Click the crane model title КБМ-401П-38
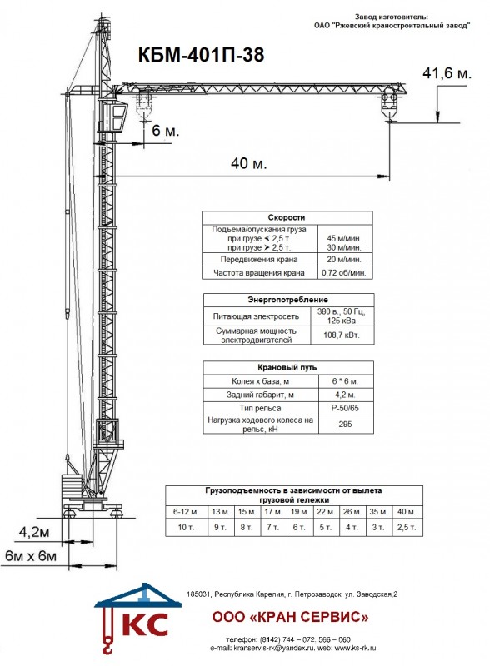coord(201,55)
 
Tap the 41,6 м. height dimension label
coord(447,73)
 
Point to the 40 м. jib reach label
coord(249,162)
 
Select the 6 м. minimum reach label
coord(166,131)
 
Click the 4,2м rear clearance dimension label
coord(34,532)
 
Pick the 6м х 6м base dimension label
coord(31,555)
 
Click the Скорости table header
coord(287,217)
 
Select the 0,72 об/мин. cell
coord(344,273)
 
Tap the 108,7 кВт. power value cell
coord(342,335)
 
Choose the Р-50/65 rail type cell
coord(345,408)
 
